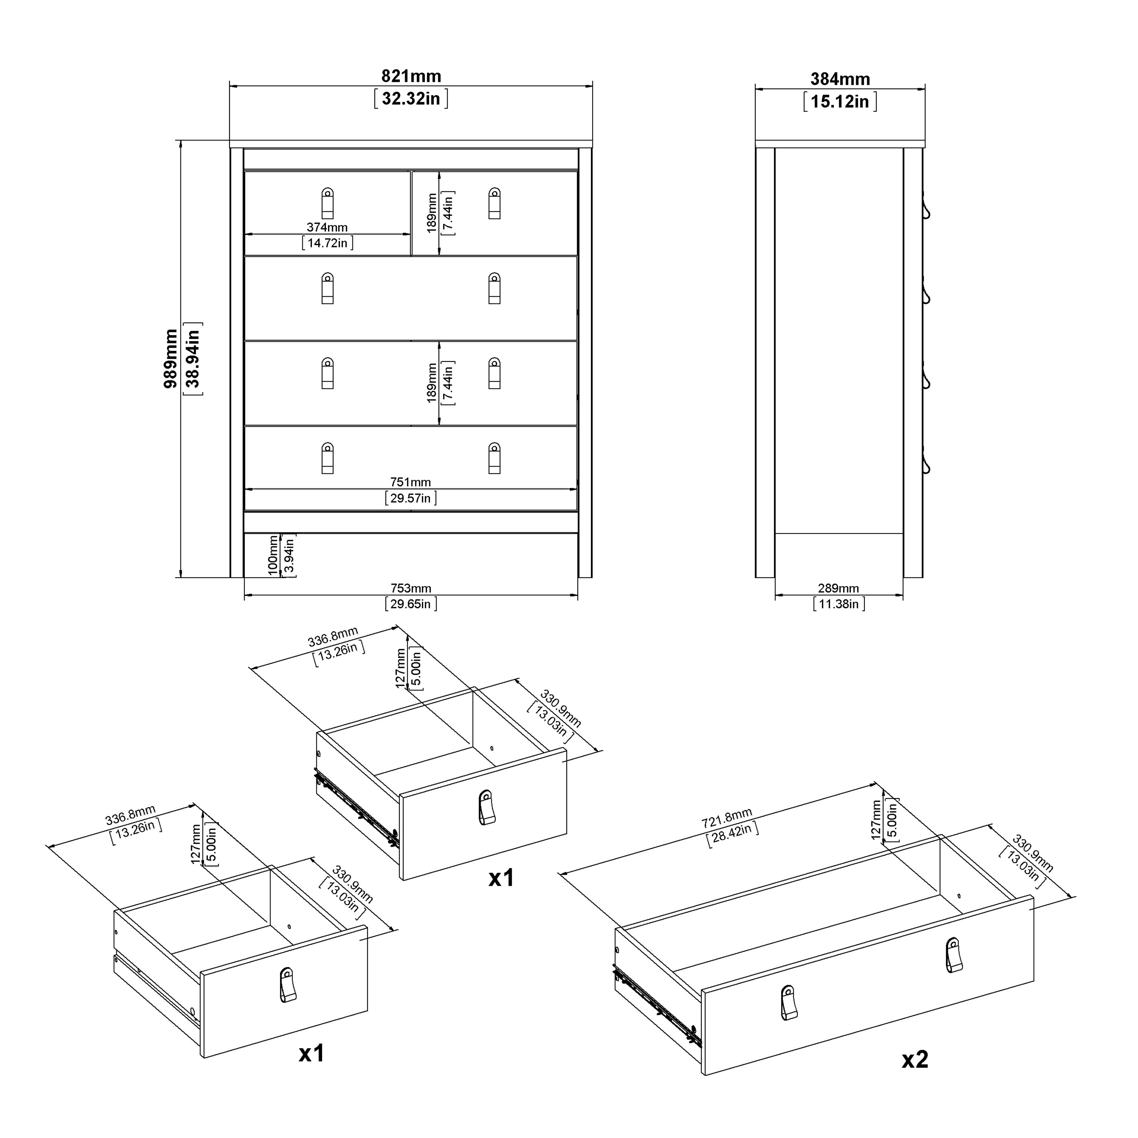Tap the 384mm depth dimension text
[x=840, y=79]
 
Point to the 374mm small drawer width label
[x=327, y=227]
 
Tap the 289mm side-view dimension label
[x=838, y=588]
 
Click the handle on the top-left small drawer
[x=327, y=203]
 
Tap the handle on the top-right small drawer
[x=495, y=203]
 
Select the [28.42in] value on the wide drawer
[x=732, y=833]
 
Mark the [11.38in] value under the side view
[x=839, y=604]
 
